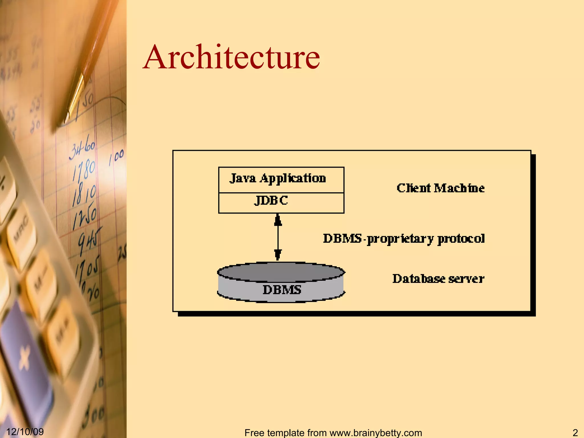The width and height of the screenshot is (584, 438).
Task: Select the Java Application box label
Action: [x=278, y=179]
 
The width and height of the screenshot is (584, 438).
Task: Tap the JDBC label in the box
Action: [x=271, y=200]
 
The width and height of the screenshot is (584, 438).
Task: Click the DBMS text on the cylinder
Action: [x=282, y=290]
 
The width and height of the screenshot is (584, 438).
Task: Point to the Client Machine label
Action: [x=441, y=188]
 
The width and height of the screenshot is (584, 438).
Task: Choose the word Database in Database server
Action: [x=416, y=279]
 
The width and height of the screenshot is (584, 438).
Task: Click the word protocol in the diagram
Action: [x=461, y=239]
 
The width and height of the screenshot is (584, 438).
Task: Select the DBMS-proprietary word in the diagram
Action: [x=378, y=239]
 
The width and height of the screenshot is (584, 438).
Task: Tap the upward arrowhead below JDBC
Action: [x=278, y=220]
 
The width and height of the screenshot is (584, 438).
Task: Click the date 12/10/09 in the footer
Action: [x=25, y=432]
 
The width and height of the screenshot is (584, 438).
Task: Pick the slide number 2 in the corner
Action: [x=575, y=432]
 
